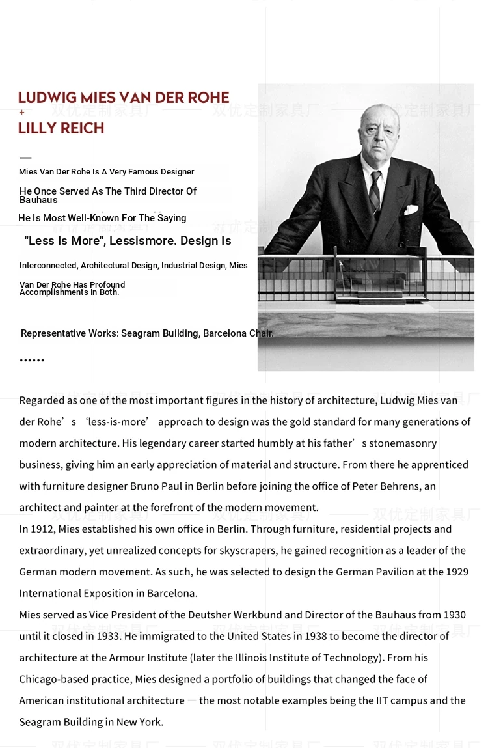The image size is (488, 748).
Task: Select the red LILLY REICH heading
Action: (61, 128)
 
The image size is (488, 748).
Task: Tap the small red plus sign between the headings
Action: (22, 113)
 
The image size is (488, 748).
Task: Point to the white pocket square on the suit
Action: (411, 210)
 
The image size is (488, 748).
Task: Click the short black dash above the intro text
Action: (25, 158)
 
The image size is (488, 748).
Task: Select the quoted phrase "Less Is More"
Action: (64, 241)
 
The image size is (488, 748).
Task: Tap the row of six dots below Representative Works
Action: (32, 360)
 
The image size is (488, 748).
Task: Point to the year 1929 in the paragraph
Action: (457, 572)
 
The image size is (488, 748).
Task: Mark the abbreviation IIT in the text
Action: (384, 700)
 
